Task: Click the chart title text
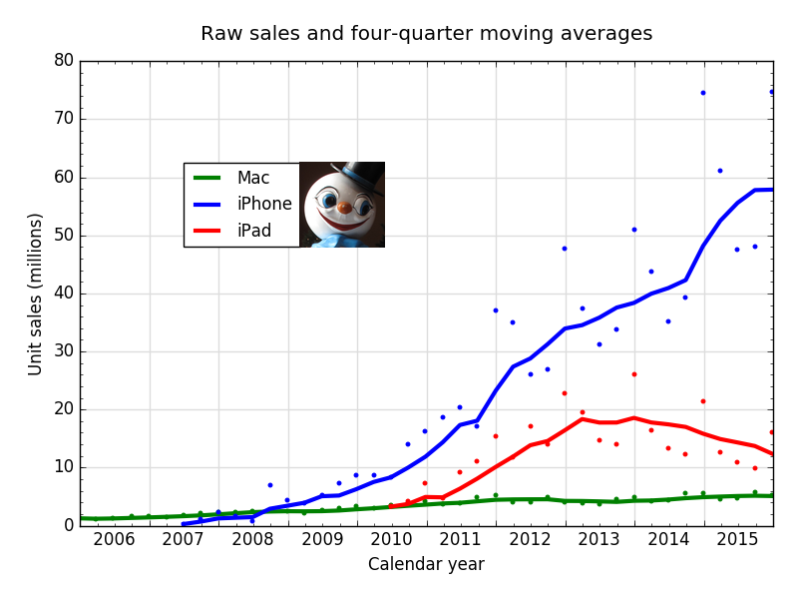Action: click(426, 34)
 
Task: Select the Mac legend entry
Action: click(253, 178)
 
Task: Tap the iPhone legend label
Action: click(264, 204)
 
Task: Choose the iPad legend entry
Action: click(253, 232)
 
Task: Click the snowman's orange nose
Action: click(343, 208)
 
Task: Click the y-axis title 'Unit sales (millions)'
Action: click(36, 294)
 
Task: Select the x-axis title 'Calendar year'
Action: click(426, 564)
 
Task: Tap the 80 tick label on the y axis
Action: click(64, 61)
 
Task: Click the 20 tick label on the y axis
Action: click(64, 409)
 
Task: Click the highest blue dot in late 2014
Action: click(702, 93)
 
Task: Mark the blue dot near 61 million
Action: click(720, 171)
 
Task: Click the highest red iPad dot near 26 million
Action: click(633, 374)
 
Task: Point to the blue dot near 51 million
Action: click(633, 230)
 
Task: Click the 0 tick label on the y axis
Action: click(69, 525)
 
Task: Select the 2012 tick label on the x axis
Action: click(530, 540)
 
